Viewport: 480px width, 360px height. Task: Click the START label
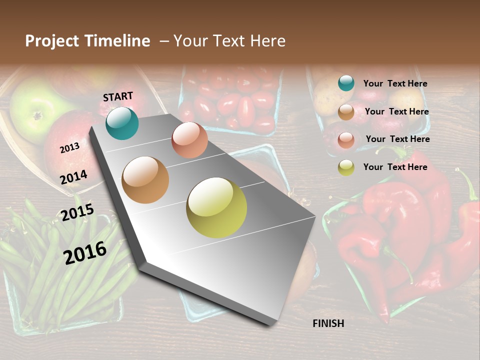118,96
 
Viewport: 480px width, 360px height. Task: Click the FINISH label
328,323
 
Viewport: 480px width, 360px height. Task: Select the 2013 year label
69,148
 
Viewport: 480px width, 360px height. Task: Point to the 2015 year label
77,212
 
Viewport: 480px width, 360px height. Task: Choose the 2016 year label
85,252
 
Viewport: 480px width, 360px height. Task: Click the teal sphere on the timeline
122,123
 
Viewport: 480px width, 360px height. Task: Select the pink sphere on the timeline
189,140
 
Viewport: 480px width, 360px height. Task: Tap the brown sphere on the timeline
145,180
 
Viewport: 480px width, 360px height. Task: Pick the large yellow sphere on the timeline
216,207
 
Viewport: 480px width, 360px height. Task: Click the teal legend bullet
346,83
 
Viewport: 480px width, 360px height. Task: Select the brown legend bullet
346,112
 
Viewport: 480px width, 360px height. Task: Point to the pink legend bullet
346,139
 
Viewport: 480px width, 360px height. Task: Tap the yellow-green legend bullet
346,167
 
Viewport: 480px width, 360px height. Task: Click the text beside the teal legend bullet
395,84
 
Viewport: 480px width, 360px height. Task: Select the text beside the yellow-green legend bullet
395,167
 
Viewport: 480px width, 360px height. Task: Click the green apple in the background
35,110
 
